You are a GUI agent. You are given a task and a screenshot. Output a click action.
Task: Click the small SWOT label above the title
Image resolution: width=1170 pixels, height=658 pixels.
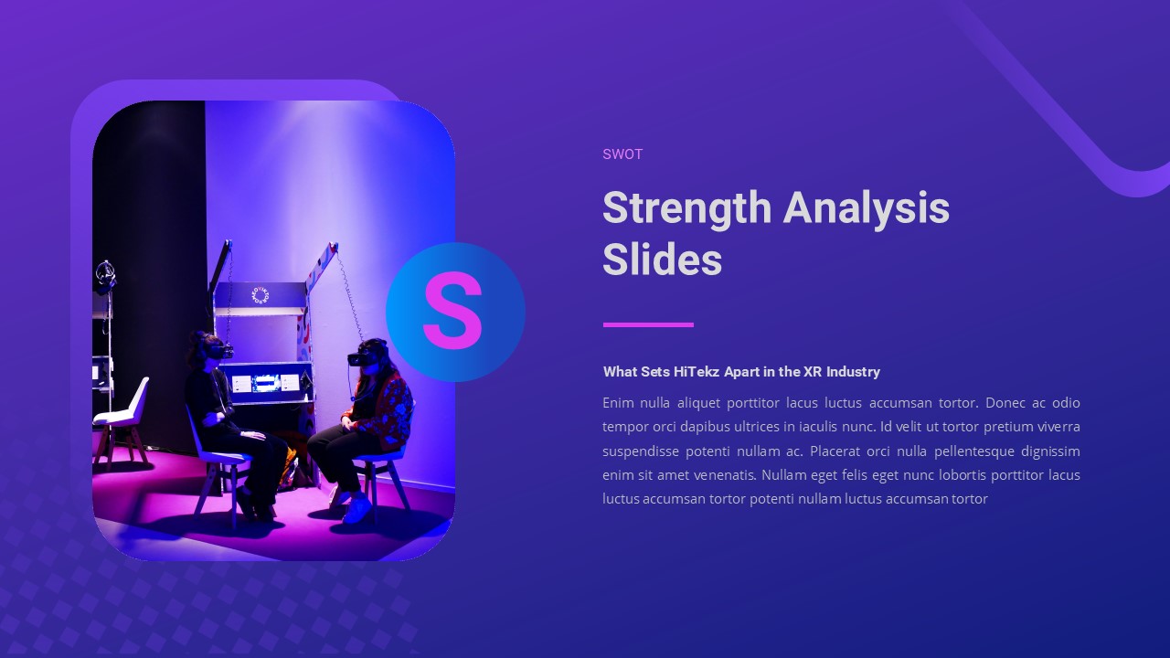pyautogui.click(x=622, y=154)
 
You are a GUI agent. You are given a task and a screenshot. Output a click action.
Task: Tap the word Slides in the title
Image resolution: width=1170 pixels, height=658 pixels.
pyautogui.click(x=662, y=260)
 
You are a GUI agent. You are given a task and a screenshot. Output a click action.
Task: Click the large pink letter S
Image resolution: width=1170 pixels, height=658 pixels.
pyautogui.click(x=452, y=312)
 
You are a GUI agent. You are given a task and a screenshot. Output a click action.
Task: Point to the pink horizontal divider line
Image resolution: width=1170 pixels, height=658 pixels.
pyautogui.click(x=648, y=324)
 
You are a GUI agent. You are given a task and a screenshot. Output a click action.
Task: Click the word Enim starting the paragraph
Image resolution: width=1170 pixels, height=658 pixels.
pyautogui.click(x=618, y=403)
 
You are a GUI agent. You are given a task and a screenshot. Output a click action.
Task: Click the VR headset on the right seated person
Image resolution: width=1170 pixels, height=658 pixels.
pyautogui.click(x=362, y=356)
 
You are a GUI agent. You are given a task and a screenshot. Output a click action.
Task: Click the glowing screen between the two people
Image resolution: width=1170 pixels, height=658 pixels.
pyautogui.click(x=266, y=383)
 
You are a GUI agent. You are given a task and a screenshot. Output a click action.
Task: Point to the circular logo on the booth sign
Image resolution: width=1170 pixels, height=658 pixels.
pyautogui.click(x=260, y=295)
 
